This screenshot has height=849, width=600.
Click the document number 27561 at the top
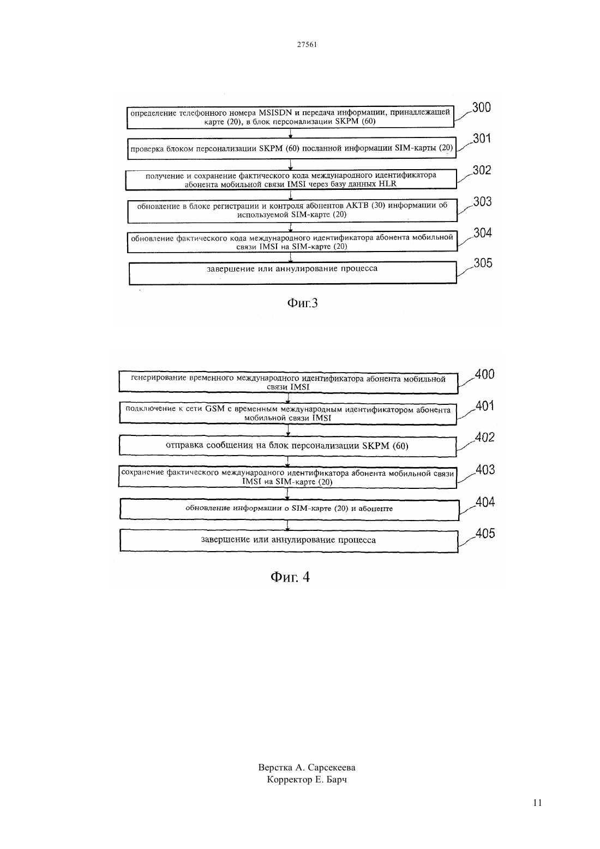pos(307,44)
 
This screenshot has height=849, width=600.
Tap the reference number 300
pos(482,107)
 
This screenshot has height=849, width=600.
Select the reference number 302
pos(482,170)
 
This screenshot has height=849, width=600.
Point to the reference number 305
pos(483,263)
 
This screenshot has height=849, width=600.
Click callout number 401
pos(485,406)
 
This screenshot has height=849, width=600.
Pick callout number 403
pos(485,470)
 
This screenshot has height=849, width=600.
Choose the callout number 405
pos(485,533)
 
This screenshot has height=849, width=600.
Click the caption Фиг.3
pos(302,303)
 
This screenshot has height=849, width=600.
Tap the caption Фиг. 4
pos(290,577)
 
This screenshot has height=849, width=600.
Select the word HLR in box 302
pos(387,184)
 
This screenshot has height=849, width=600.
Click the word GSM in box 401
pos(215,409)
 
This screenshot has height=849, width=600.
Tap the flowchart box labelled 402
pos(288,446)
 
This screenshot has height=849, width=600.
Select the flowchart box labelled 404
pos(290,510)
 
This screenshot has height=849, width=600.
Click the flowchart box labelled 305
pos(292,273)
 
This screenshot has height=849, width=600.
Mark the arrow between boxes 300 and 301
pos(291,134)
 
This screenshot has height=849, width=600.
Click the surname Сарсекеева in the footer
pos(332,768)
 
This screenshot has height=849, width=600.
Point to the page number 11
pos(537,803)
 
